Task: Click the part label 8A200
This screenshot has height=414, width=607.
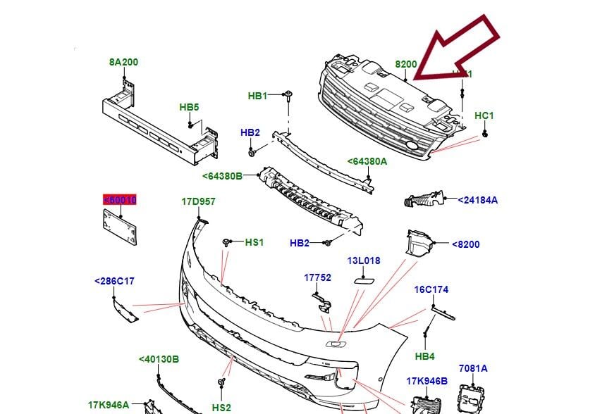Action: pos(123,62)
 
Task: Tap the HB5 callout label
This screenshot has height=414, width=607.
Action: pos(189,107)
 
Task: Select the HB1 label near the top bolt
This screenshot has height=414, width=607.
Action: pos(258,96)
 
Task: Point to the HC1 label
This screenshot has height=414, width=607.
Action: pos(484,115)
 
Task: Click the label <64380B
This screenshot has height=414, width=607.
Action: pos(222,176)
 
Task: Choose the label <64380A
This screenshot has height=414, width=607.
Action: pos(367,161)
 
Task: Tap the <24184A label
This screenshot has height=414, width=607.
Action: pos(478,200)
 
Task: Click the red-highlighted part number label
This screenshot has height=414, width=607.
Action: pos(120,201)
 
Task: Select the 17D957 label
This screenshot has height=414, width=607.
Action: pos(199,201)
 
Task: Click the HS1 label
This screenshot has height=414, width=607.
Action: pos(254,242)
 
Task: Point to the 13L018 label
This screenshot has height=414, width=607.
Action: pos(363,261)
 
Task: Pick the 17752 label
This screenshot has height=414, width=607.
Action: pos(317,277)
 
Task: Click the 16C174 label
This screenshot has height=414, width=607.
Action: pos(431,289)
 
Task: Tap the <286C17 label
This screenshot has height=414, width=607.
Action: pos(114,281)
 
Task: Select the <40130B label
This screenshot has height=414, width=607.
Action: pos(159,360)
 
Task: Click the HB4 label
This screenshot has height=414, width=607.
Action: pos(425,356)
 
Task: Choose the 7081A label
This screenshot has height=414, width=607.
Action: pos(473,368)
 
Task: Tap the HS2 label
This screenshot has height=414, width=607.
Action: pos(221,408)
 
